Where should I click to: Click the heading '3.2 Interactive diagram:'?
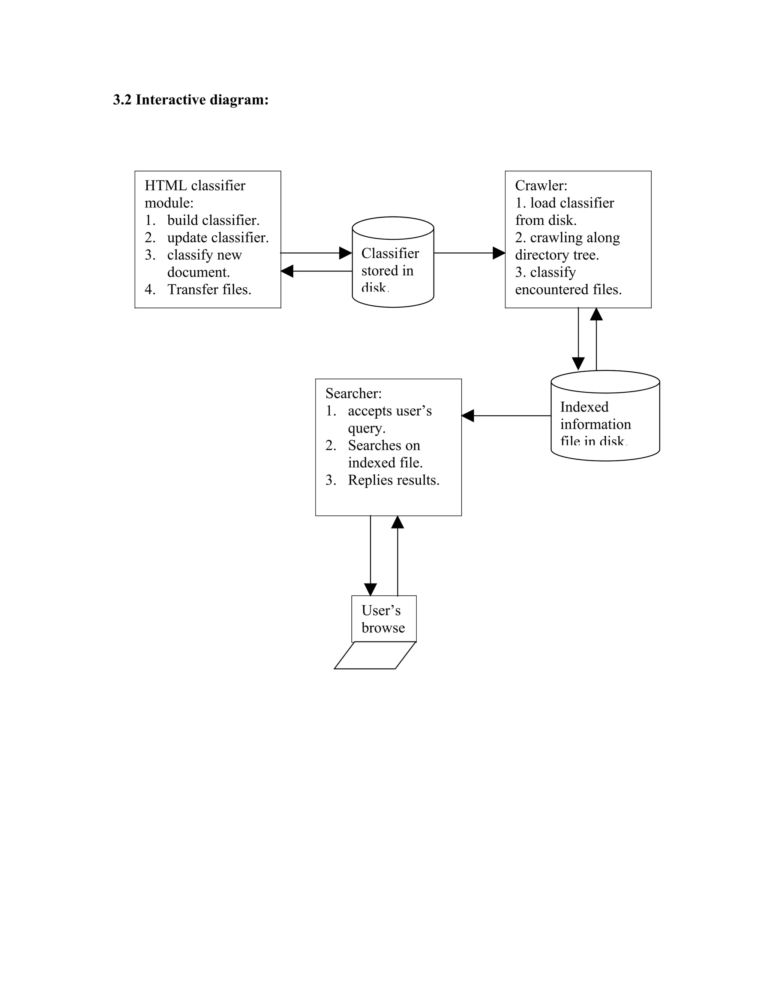click(x=190, y=100)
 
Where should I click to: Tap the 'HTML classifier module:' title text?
click(x=195, y=194)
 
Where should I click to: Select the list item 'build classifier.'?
click(x=213, y=220)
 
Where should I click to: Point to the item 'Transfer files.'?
click(x=209, y=290)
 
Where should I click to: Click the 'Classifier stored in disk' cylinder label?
click(x=390, y=270)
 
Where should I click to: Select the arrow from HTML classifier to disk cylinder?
click(x=316, y=253)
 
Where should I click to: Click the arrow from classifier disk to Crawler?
click(x=469, y=253)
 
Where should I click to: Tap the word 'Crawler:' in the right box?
click(x=541, y=186)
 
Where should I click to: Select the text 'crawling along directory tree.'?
click(x=567, y=246)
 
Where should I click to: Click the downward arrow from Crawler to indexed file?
click(x=578, y=339)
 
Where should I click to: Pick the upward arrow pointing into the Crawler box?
click(x=596, y=339)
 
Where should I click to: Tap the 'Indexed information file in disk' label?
click(x=595, y=424)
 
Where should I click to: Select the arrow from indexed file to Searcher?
click(x=506, y=416)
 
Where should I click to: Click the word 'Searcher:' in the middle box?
click(x=354, y=393)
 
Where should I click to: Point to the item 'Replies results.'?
click(x=393, y=480)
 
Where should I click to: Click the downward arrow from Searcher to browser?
click(x=370, y=555)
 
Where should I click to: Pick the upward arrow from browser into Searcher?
click(x=397, y=555)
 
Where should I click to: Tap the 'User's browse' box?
click(x=384, y=619)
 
